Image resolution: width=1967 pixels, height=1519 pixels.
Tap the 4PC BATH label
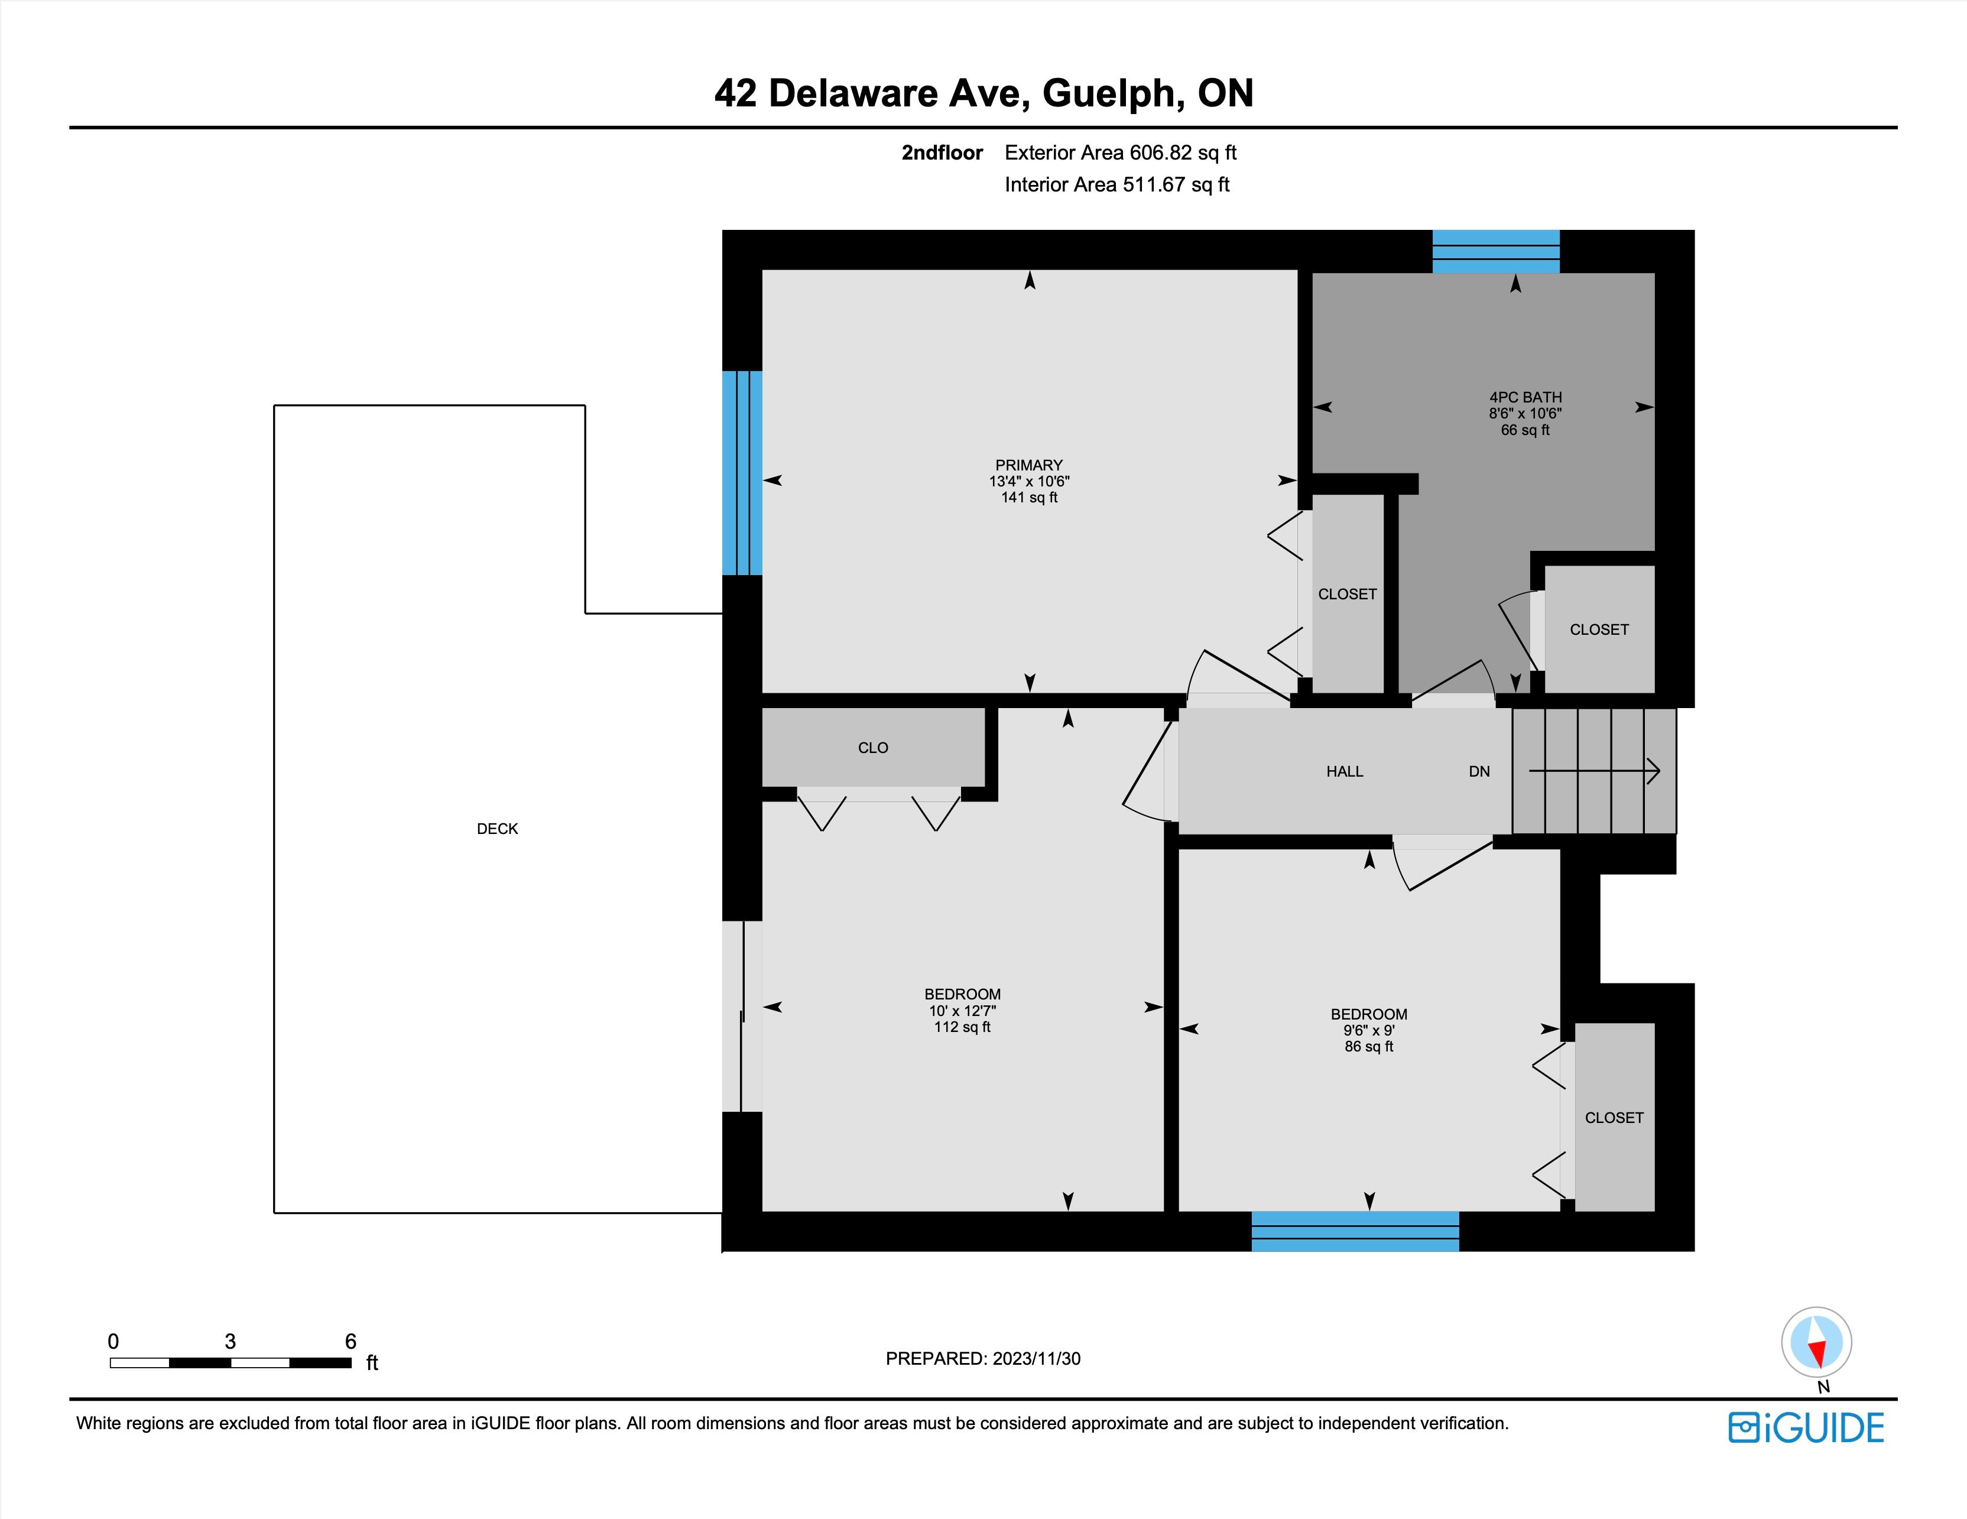[1525, 397]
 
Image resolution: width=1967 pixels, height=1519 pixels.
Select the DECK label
[497, 829]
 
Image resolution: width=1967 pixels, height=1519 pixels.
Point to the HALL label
[1345, 772]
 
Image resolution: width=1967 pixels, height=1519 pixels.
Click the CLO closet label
[873, 748]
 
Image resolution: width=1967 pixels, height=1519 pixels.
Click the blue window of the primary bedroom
[742, 473]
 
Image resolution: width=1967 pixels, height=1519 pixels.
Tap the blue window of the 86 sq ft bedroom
[1355, 1231]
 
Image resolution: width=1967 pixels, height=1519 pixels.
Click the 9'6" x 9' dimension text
[1369, 1031]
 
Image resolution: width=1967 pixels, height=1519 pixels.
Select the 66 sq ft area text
[1525, 430]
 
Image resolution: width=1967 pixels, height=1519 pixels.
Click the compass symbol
[1817, 1342]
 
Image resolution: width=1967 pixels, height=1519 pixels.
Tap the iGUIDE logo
[1806, 1428]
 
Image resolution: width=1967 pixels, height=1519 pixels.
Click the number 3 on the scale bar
[231, 1342]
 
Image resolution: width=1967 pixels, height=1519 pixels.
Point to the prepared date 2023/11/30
[1036, 1359]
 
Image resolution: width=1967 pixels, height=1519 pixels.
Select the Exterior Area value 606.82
[1160, 153]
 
